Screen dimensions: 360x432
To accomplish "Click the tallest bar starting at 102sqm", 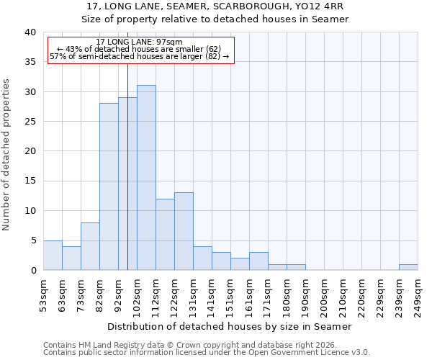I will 146,178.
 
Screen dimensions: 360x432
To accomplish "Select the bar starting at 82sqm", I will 109,186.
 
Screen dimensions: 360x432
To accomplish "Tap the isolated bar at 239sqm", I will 408,267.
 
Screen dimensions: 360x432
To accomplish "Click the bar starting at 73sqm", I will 90,246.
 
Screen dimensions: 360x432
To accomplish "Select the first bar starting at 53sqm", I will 53,255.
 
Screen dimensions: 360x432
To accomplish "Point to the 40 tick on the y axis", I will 31,32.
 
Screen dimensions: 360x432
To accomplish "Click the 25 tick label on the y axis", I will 31,122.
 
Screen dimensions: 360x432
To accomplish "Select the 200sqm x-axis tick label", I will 324,294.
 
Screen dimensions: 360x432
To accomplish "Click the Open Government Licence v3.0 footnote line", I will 207,352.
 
